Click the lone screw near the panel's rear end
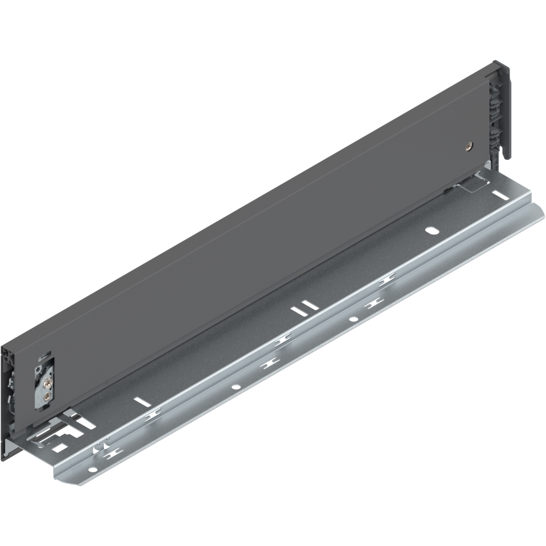[469, 146]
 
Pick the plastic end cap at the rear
[502, 111]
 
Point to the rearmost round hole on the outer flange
[353, 318]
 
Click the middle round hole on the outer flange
[235, 387]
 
